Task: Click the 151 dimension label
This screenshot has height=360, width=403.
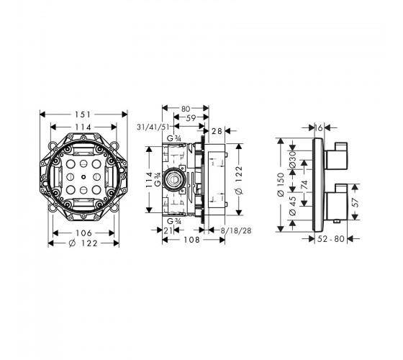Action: (83, 114)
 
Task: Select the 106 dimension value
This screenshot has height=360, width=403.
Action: (83, 233)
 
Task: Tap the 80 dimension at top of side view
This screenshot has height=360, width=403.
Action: (186, 109)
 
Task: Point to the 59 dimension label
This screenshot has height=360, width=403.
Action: (191, 118)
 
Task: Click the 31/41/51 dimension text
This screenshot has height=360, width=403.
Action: (153, 127)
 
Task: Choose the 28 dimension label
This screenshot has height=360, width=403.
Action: (217, 131)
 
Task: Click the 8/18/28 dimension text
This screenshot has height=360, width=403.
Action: (236, 230)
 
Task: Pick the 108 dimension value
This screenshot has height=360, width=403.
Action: (191, 240)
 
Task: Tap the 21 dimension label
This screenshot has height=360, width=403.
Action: (168, 230)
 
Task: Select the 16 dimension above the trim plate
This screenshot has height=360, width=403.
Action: (319, 128)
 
